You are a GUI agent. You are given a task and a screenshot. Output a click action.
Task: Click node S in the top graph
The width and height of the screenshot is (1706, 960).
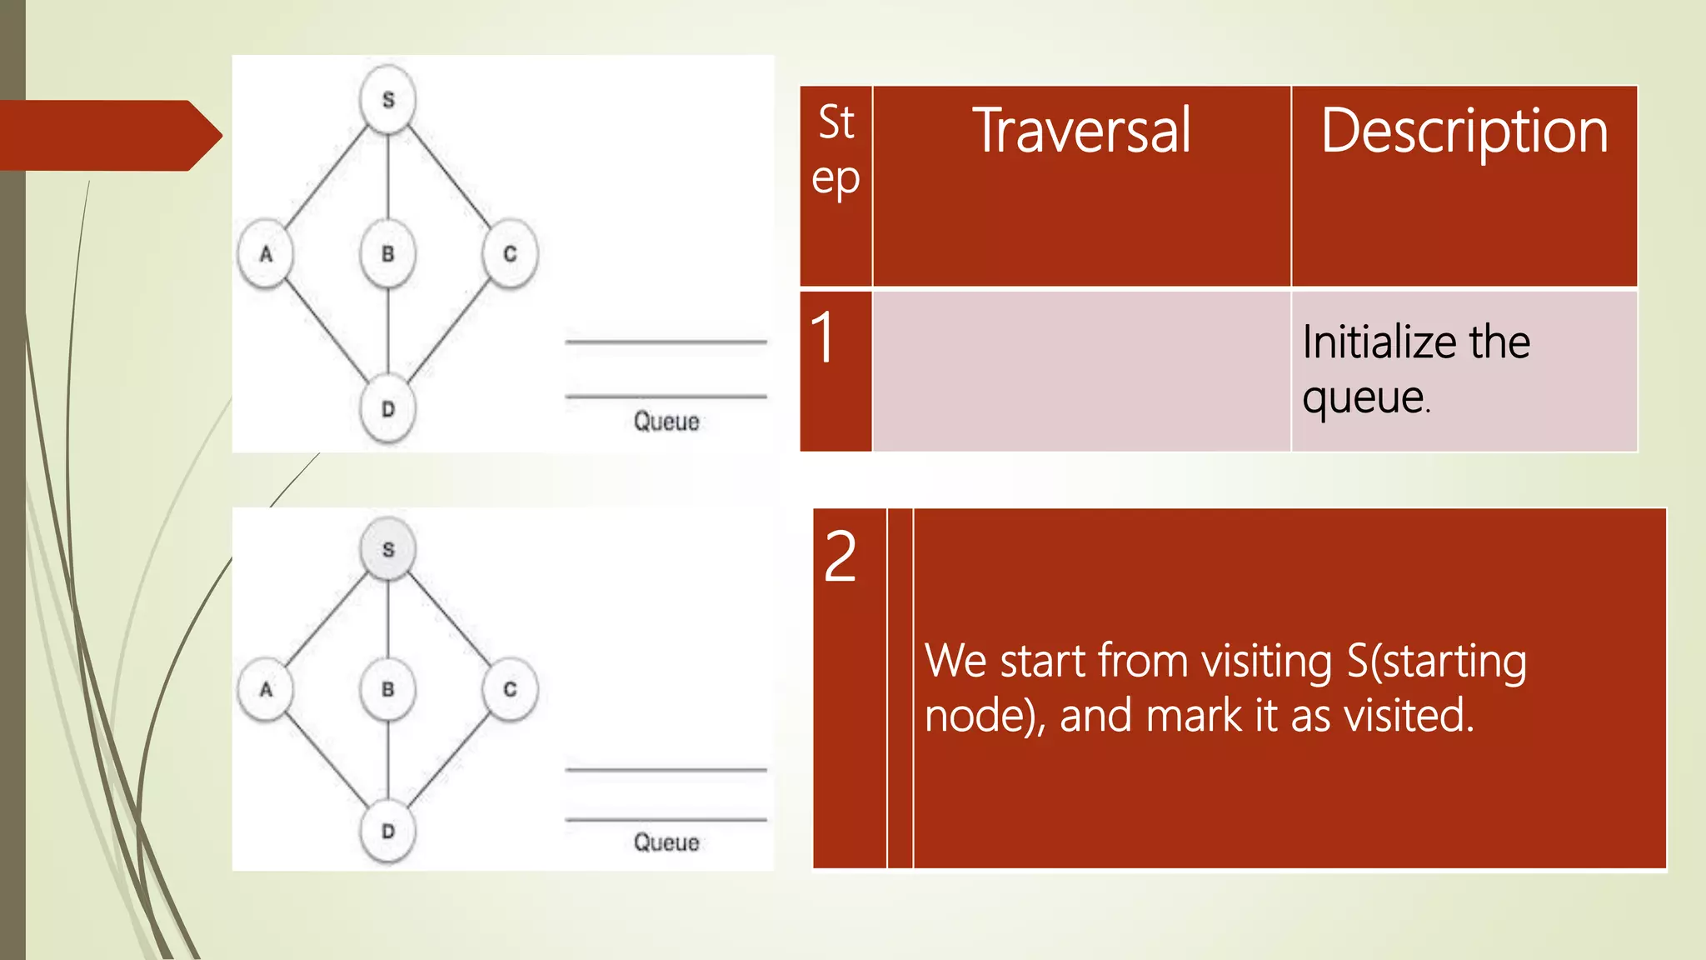(x=388, y=99)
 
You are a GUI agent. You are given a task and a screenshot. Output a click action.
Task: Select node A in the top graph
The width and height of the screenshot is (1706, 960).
(x=266, y=253)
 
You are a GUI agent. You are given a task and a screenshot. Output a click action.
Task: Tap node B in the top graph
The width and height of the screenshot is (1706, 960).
(x=388, y=253)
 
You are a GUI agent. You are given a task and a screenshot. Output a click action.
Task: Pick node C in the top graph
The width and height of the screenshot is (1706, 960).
(x=510, y=253)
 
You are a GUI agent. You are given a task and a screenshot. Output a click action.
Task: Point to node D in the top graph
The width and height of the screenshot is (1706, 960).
(x=388, y=409)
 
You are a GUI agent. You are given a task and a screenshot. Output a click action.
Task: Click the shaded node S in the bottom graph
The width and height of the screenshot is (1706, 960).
(x=388, y=549)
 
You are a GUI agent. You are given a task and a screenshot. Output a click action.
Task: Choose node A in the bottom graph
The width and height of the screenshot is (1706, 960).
(x=266, y=689)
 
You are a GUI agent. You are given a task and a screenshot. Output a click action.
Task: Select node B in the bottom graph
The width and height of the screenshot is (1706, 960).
(x=388, y=689)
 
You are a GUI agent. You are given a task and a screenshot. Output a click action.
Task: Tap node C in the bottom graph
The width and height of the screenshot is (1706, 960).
(x=510, y=689)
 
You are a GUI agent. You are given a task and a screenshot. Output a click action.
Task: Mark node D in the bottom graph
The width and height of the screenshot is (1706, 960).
(x=388, y=831)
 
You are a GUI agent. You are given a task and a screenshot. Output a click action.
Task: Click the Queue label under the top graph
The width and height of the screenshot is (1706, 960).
(x=666, y=421)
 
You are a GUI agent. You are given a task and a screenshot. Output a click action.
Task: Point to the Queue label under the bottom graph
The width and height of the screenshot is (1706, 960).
(x=666, y=842)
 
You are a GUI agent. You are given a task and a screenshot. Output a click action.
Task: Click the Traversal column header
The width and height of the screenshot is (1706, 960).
(x=1081, y=131)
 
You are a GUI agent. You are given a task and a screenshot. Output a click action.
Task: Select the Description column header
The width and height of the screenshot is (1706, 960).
(x=1464, y=132)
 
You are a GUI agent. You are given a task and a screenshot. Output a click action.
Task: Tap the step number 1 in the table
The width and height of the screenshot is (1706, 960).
(x=823, y=337)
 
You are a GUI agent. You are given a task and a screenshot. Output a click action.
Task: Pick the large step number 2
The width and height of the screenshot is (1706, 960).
(x=841, y=557)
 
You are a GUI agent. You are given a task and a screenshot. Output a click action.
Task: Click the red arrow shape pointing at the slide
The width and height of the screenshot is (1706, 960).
(x=108, y=135)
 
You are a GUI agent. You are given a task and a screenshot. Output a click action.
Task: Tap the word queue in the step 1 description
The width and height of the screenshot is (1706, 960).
(x=1364, y=397)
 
